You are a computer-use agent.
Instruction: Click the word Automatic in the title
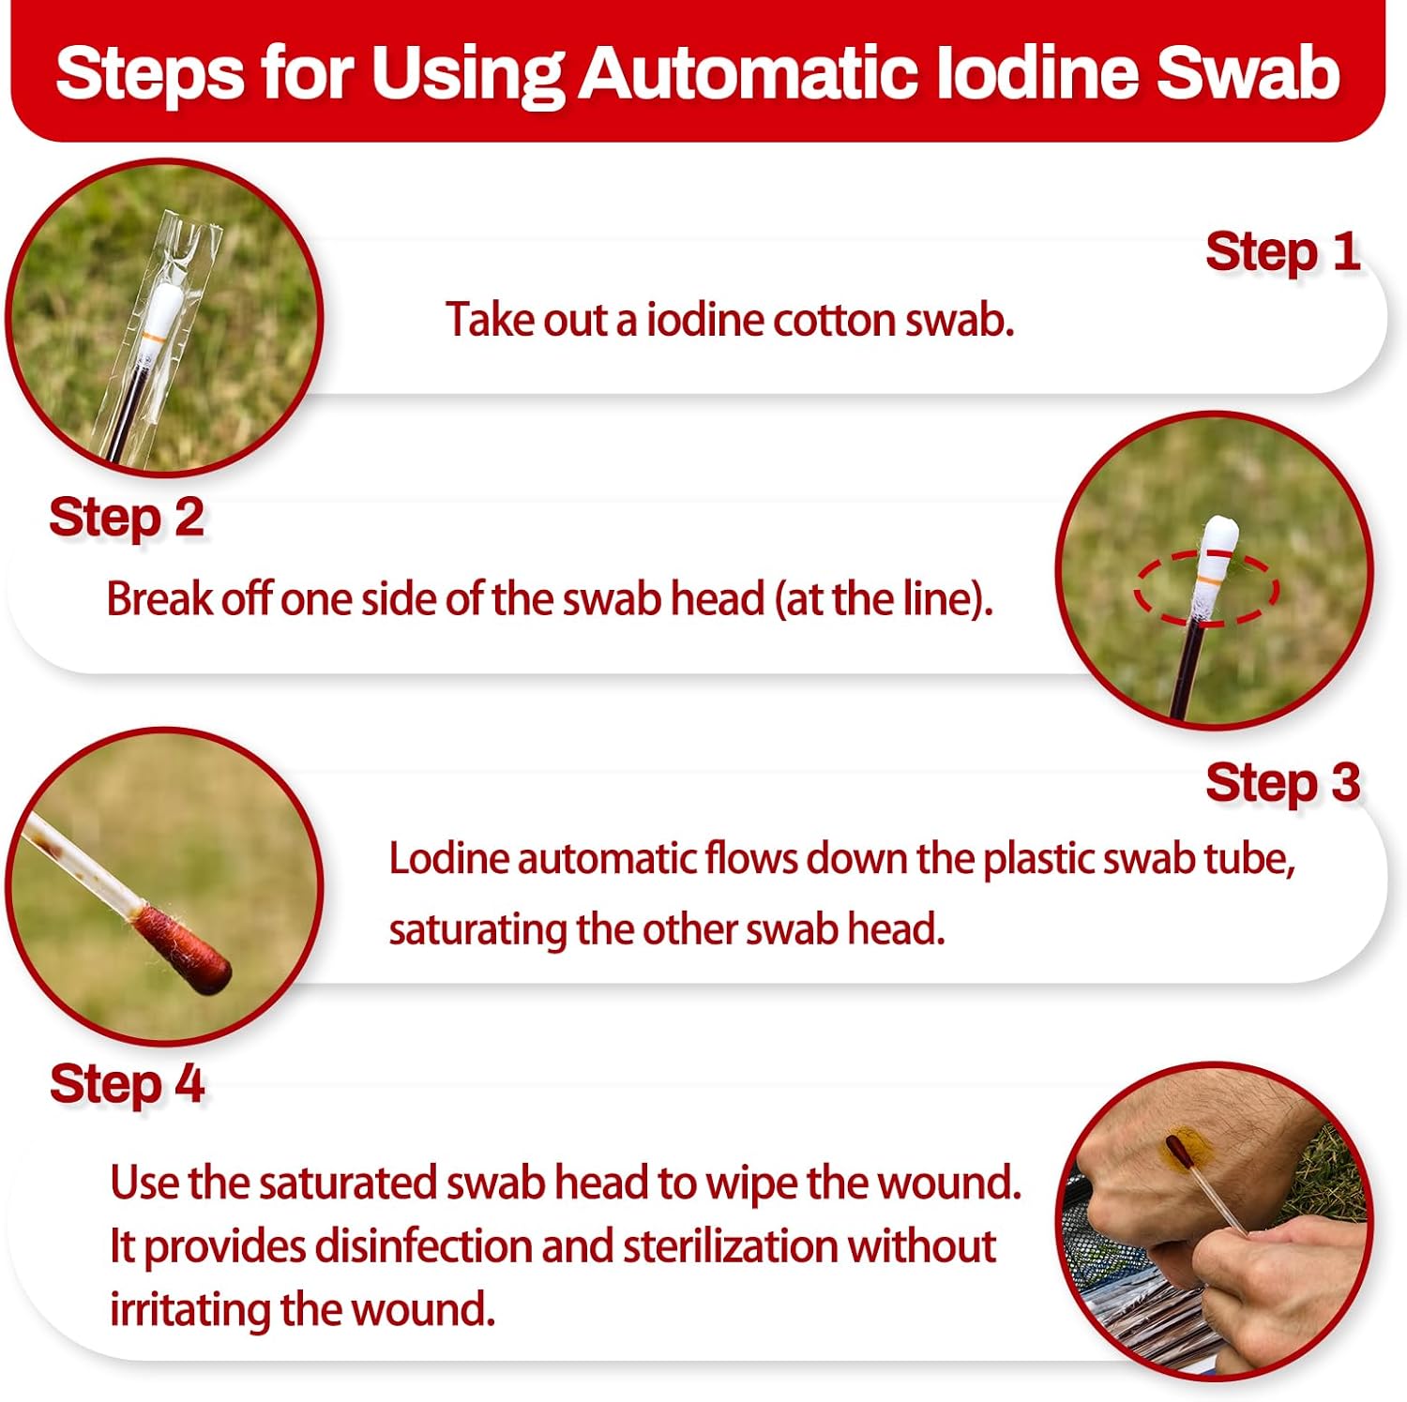(x=748, y=72)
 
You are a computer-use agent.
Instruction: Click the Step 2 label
(x=127, y=518)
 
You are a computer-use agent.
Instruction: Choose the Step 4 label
(x=127, y=1084)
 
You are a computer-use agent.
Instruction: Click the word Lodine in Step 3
(x=448, y=858)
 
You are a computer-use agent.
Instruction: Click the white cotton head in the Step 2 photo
(x=1216, y=563)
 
